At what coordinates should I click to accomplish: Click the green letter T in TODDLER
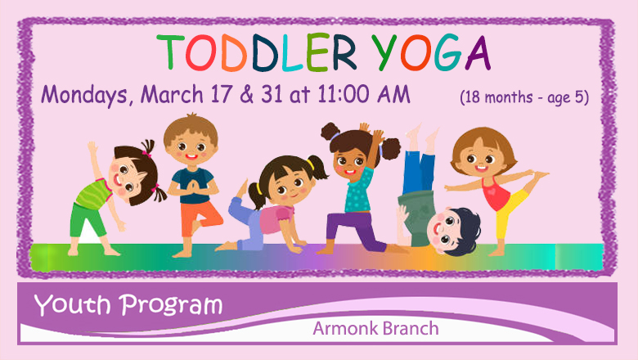(170, 52)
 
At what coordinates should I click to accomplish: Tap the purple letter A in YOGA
(478, 53)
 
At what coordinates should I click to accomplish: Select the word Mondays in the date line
(84, 95)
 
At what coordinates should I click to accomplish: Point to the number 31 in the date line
(272, 94)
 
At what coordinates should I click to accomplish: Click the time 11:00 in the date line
(344, 94)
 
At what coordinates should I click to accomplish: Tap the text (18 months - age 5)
(524, 97)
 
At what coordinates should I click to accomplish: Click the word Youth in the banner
(72, 304)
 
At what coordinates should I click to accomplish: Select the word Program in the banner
(171, 306)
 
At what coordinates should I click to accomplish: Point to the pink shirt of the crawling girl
(276, 220)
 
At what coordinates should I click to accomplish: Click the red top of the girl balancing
(495, 193)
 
